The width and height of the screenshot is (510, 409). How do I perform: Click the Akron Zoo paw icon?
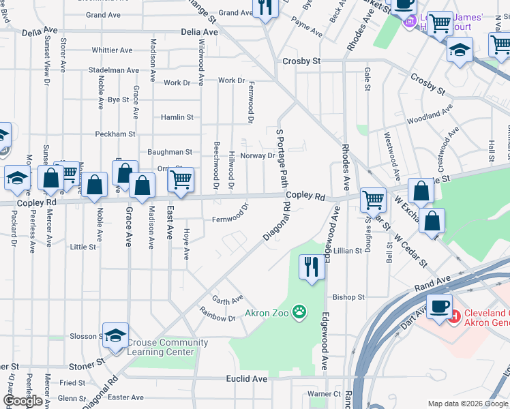click(x=299, y=313)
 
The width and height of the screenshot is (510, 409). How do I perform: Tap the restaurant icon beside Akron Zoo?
click(x=312, y=266)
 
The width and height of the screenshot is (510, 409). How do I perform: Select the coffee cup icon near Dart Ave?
click(x=439, y=306)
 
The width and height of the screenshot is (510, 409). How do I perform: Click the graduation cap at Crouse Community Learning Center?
click(x=117, y=335)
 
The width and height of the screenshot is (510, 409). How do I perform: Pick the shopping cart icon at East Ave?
click(x=181, y=179)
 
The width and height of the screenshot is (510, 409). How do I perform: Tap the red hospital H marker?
click(x=454, y=316)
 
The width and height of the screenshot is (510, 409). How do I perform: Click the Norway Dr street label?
click(x=258, y=155)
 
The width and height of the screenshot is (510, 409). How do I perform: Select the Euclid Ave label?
click(x=247, y=378)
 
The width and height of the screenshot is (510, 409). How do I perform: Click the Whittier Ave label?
click(x=112, y=50)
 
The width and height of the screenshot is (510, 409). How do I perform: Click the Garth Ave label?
click(x=227, y=299)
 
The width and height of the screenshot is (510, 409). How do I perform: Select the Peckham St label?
click(x=115, y=134)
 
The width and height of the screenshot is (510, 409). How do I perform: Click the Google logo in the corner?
click(x=23, y=401)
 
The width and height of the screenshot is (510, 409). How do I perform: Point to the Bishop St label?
click(x=349, y=297)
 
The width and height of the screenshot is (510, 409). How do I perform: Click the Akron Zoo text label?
click(x=267, y=314)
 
